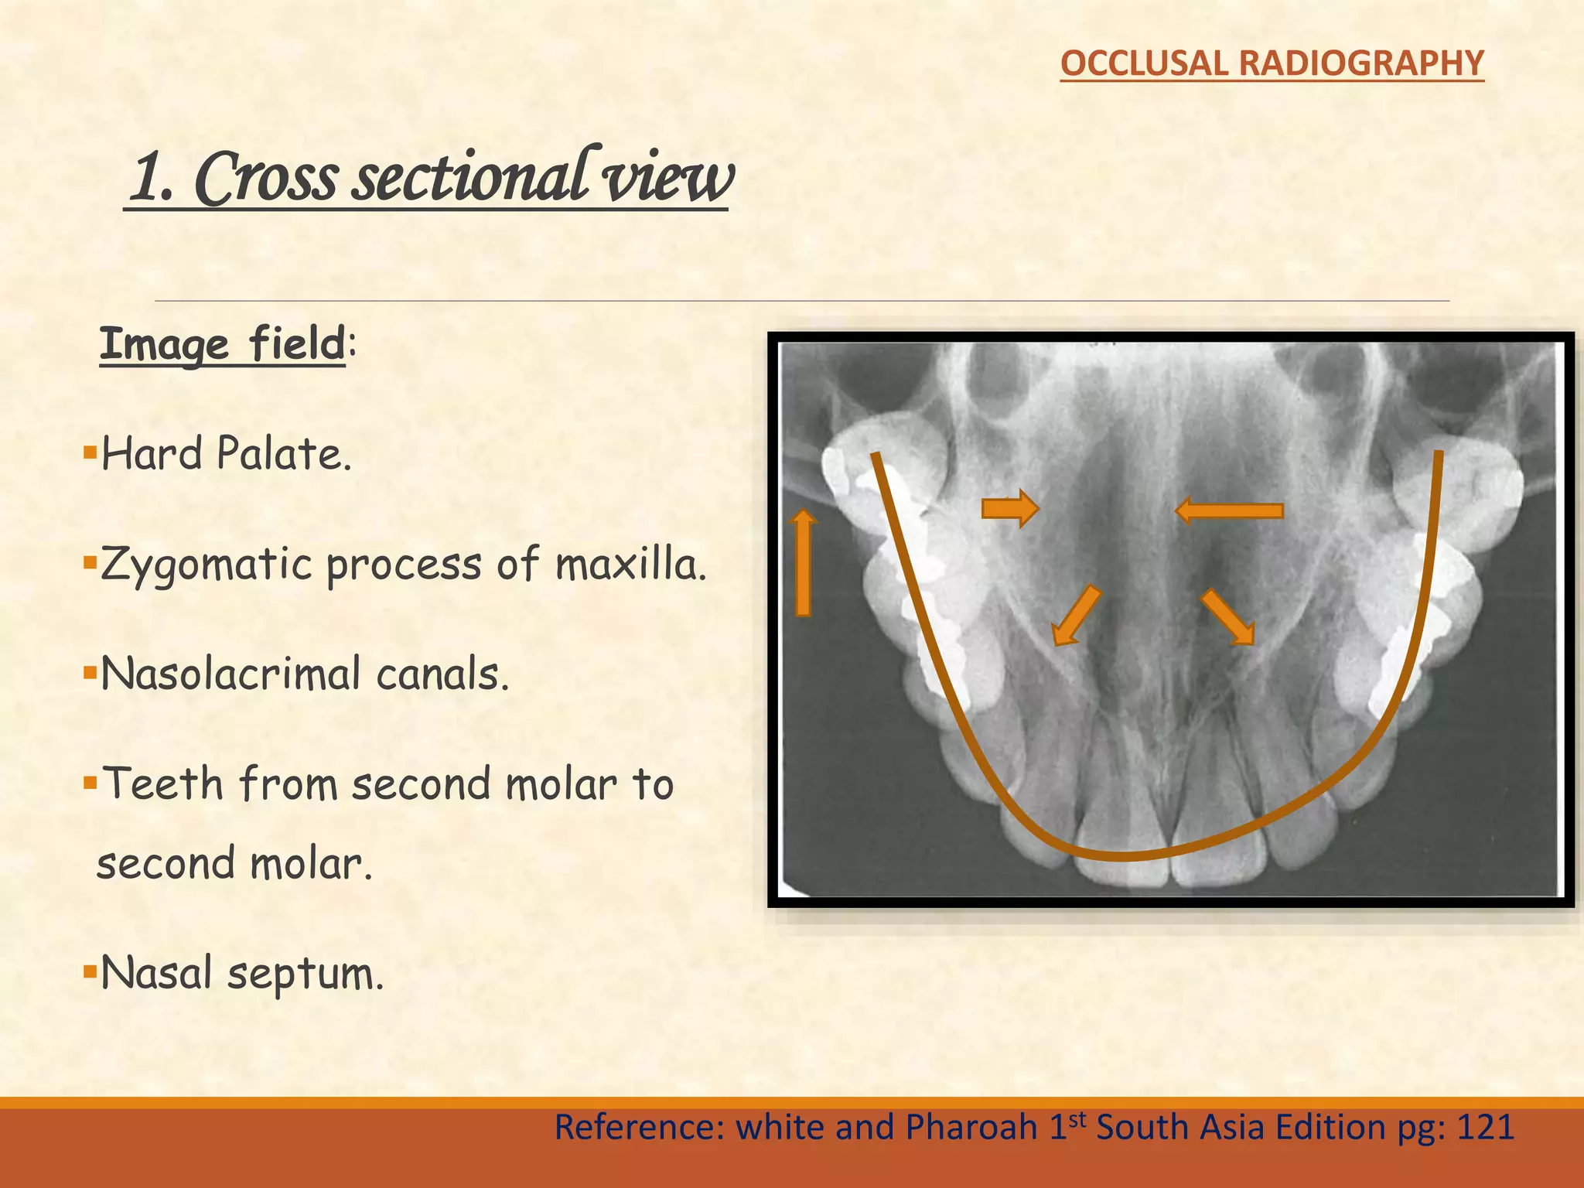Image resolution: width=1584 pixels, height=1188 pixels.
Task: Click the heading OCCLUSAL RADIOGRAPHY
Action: point(1272,63)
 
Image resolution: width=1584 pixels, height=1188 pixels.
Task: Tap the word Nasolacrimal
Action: point(230,674)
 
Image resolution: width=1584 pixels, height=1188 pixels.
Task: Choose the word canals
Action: point(442,674)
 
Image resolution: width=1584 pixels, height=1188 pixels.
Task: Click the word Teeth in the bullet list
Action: point(163,783)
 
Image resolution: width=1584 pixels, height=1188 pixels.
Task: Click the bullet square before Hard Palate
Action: point(90,451)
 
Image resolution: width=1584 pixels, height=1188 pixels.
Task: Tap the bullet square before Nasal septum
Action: point(90,969)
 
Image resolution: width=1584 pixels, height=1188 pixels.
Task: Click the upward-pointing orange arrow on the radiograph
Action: point(804,562)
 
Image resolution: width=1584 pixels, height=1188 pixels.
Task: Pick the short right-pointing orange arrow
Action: point(1009,508)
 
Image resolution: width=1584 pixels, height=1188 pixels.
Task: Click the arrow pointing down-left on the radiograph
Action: point(1076,615)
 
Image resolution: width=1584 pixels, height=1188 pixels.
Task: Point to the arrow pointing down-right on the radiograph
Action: point(1227,616)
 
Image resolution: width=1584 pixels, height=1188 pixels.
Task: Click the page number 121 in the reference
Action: point(1484,1127)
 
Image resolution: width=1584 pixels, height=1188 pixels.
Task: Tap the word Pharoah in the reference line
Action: point(971,1127)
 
